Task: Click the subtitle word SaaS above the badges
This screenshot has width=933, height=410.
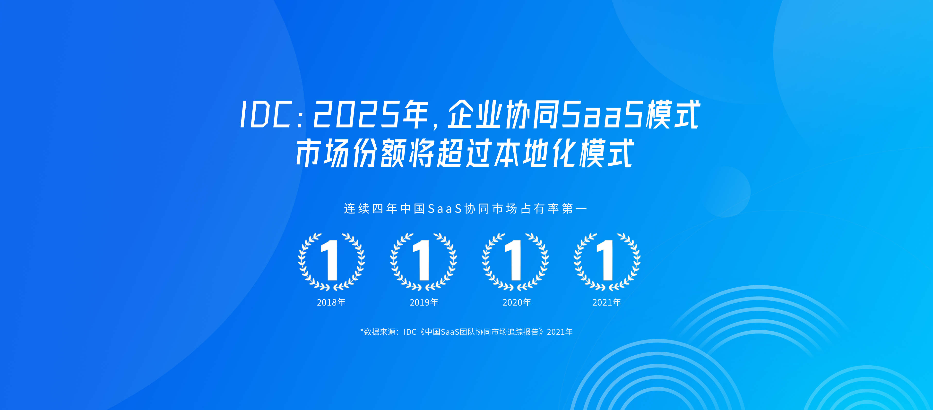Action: click(445, 209)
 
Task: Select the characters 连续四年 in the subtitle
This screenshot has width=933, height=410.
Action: click(371, 209)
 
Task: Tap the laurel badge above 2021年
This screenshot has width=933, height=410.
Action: click(607, 262)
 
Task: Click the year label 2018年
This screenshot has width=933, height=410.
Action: click(331, 302)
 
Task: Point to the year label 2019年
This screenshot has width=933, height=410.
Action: click(424, 302)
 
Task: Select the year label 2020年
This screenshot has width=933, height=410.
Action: click(517, 302)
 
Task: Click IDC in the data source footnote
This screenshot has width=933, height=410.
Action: click(410, 332)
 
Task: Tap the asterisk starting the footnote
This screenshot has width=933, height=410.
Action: click(362, 330)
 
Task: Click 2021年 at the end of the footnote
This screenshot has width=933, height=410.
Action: click(560, 332)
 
